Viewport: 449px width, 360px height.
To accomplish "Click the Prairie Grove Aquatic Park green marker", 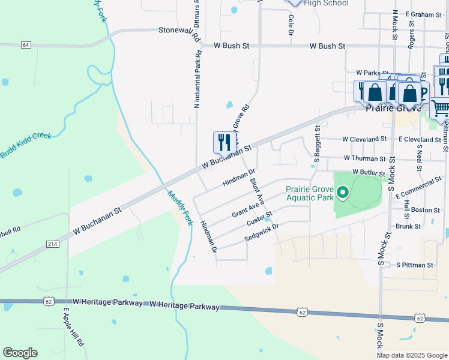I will [x=343, y=193].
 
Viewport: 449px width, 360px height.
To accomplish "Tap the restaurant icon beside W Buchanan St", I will [x=221, y=142].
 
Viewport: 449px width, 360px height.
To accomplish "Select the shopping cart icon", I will [x=440, y=108].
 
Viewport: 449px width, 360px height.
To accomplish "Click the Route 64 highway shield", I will [x=25, y=45].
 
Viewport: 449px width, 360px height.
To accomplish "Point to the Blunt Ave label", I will [x=257, y=190].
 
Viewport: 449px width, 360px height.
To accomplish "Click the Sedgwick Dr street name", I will [x=262, y=233].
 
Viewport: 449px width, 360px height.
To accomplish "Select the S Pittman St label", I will [x=414, y=265].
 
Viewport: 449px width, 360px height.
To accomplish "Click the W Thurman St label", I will [x=364, y=158].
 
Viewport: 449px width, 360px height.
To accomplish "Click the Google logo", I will [x=20, y=353].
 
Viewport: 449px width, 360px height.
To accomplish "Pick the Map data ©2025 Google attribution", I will [x=411, y=355].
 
